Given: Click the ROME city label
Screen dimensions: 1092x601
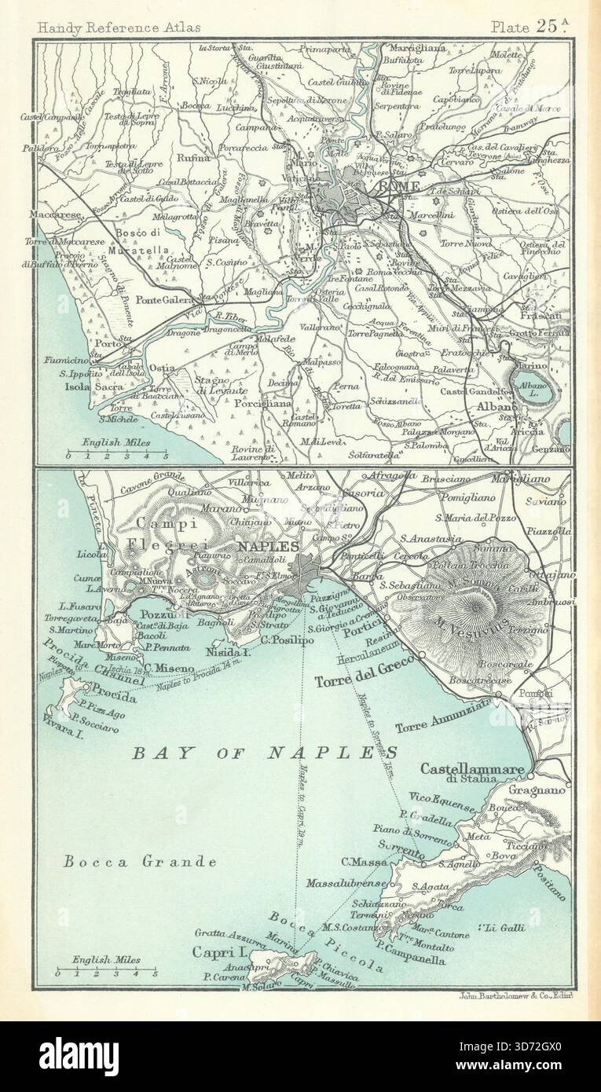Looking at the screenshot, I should coord(401,187).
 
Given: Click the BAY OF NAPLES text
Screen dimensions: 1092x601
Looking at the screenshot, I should coord(264,753).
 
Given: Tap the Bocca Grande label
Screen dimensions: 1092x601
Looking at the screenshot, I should coord(139,861).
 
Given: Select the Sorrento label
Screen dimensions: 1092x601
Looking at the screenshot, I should coord(401,845).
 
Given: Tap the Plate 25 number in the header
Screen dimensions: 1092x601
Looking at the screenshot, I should coord(529,26).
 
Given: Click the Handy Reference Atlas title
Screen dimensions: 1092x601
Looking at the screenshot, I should coord(118,27).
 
